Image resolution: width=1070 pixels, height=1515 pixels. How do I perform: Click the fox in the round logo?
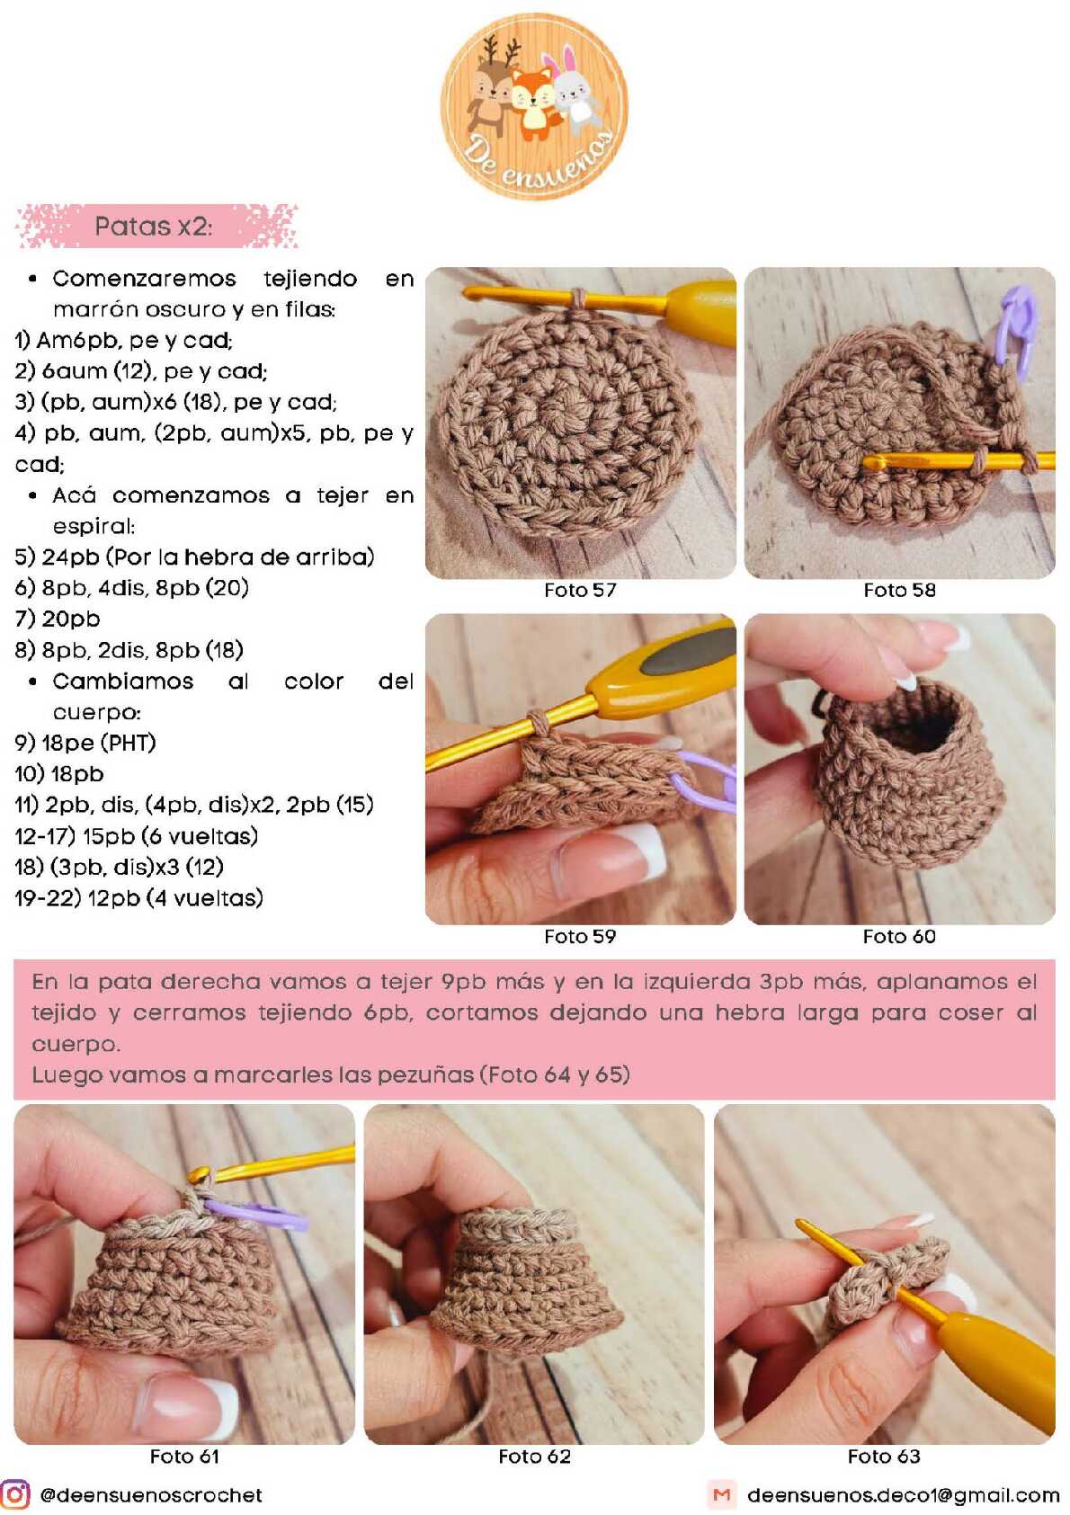click(x=533, y=102)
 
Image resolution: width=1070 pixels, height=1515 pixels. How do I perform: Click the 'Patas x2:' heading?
click(x=154, y=226)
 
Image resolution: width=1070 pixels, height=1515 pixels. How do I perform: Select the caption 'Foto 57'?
click(x=580, y=591)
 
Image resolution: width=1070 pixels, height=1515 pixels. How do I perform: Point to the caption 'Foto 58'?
click(x=899, y=591)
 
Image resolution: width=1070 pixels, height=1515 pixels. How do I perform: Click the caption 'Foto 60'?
click(x=899, y=937)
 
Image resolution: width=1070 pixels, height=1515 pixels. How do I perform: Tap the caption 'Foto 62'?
click(x=534, y=1457)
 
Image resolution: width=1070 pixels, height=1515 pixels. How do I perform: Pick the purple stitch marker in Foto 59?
click(x=707, y=781)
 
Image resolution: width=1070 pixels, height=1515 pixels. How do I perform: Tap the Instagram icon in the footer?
click(x=15, y=1494)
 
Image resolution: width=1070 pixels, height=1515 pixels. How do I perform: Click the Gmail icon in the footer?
click(x=722, y=1494)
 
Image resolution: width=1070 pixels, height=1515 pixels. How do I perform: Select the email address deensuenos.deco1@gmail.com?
click(x=904, y=1495)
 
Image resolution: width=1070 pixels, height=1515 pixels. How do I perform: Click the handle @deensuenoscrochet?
click(x=151, y=1495)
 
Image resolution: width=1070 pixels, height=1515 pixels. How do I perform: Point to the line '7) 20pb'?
click(x=58, y=619)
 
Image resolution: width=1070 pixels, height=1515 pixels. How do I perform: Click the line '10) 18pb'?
click(x=59, y=774)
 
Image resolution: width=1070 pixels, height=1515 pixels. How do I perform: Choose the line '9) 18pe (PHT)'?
click(x=85, y=744)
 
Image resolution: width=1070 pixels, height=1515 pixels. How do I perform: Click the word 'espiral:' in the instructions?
click(x=94, y=527)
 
